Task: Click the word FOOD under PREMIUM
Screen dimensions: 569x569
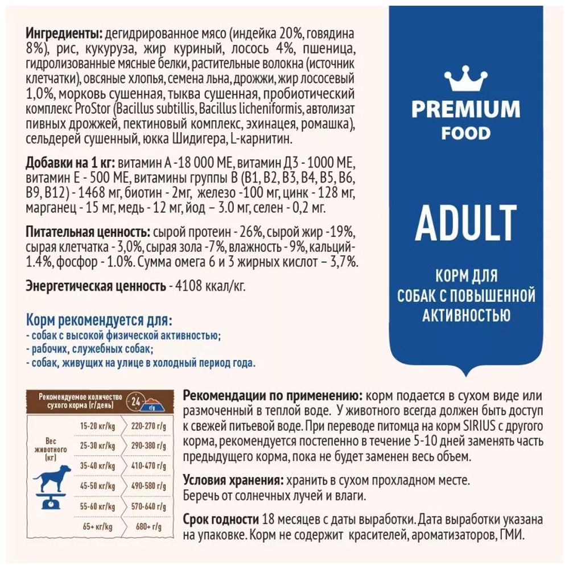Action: click(x=466, y=133)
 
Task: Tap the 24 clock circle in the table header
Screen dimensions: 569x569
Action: click(x=135, y=400)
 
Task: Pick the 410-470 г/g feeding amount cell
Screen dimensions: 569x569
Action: click(x=147, y=466)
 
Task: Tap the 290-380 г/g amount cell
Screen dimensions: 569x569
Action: click(x=147, y=445)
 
